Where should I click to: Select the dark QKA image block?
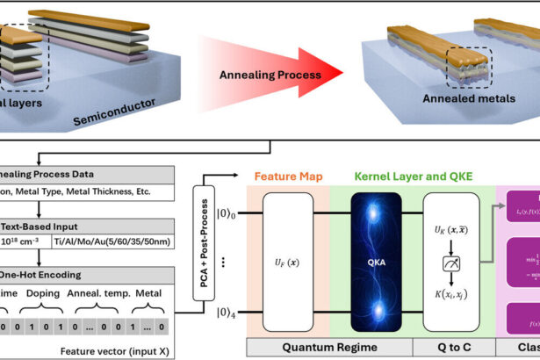click(375, 264)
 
